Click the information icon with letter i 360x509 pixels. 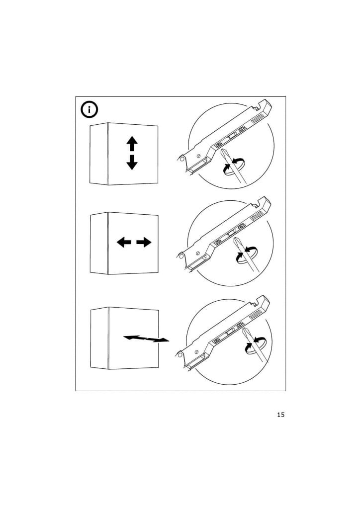click(x=89, y=110)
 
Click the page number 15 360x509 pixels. click(x=281, y=415)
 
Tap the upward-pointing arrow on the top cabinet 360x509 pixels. click(x=132, y=144)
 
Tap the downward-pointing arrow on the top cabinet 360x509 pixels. click(x=132, y=163)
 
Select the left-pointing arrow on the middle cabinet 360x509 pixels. click(x=124, y=242)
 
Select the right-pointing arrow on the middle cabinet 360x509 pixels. click(x=144, y=242)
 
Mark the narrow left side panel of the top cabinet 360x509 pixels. click(x=98, y=154)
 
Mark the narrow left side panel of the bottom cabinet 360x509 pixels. click(x=99, y=338)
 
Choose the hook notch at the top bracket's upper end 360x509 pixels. click(x=259, y=105)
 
